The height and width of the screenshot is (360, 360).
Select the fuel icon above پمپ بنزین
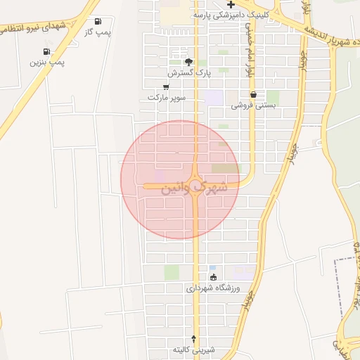click(x=46, y=51)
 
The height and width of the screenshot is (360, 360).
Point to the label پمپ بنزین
click(x=47, y=63)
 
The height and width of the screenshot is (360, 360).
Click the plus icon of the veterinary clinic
click(x=231, y=4)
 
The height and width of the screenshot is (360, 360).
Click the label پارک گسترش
click(x=189, y=72)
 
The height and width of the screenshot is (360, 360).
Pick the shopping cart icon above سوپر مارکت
click(x=165, y=86)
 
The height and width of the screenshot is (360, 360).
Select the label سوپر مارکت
click(x=167, y=97)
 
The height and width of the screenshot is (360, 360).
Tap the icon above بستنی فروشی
click(x=253, y=94)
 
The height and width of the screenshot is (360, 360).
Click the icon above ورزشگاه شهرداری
click(x=213, y=277)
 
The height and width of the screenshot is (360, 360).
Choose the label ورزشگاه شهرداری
click(x=213, y=288)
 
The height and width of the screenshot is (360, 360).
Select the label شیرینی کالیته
click(x=195, y=349)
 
